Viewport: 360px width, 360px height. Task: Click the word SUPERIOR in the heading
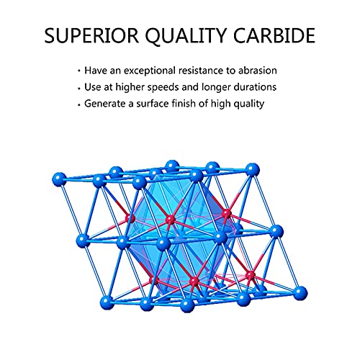coord(91,35)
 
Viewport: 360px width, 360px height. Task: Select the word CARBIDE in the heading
coord(274,35)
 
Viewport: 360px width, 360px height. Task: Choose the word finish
coord(181,104)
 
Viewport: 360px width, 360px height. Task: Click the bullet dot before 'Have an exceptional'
coord(79,71)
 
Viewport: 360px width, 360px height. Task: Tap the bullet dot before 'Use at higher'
coord(79,88)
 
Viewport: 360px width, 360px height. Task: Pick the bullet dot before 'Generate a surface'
coord(79,104)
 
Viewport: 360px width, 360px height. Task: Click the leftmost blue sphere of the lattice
coord(59,179)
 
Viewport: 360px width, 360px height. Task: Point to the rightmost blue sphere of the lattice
coord(300,293)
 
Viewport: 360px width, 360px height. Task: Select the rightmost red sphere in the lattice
coord(251,275)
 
